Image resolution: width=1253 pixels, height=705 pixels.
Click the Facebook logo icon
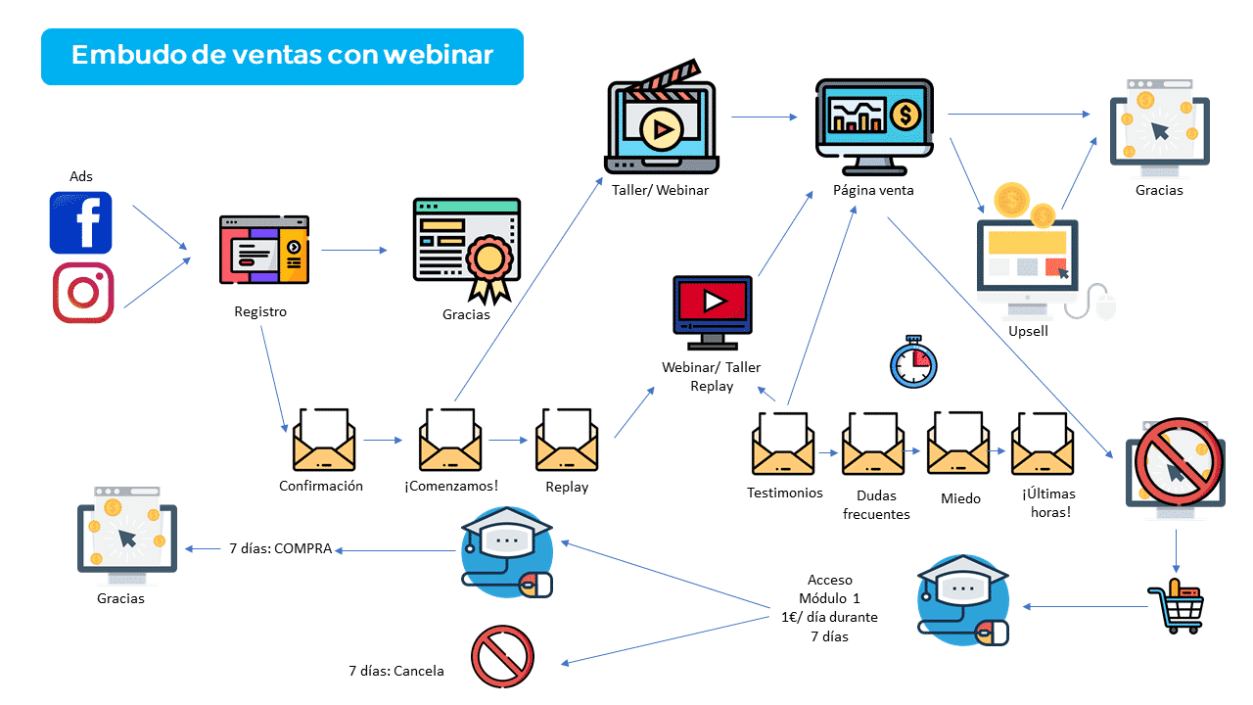click(x=80, y=222)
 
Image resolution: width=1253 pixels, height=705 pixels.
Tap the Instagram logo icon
click(x=83, y=293)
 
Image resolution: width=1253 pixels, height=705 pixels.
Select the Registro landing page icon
click(x=264, y=250)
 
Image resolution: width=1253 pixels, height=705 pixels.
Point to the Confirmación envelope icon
click(x=324, y=440)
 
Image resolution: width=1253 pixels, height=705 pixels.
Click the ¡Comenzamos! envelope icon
click(x=450, y=440)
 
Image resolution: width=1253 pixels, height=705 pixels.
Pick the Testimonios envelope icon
click(x=783, y=444)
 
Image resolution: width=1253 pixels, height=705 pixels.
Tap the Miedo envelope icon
click(x=958, y=444)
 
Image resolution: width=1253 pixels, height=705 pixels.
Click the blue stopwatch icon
click(x=913, y=362)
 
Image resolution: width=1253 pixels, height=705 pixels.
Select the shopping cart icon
click(x=1177, y=606)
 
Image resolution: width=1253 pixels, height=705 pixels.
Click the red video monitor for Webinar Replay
click(x=712, y=312)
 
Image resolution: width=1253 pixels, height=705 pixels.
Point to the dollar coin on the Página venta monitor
click(x=905, y=116)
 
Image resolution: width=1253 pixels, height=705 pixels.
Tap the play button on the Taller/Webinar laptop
click(x=661, y=129)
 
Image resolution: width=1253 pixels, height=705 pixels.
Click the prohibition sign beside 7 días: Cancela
click(x=502, y=657)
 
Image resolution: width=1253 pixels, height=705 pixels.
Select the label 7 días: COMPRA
click(x=281, y=548)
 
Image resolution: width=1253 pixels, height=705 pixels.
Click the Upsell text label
click(x=1028, y=331)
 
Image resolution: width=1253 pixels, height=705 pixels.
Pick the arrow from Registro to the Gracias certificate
click(x=353, y=250)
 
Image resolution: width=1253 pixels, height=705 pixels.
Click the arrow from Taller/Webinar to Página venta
click(x=765, y=117)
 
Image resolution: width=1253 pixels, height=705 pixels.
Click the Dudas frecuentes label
click(x=876, y=504)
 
